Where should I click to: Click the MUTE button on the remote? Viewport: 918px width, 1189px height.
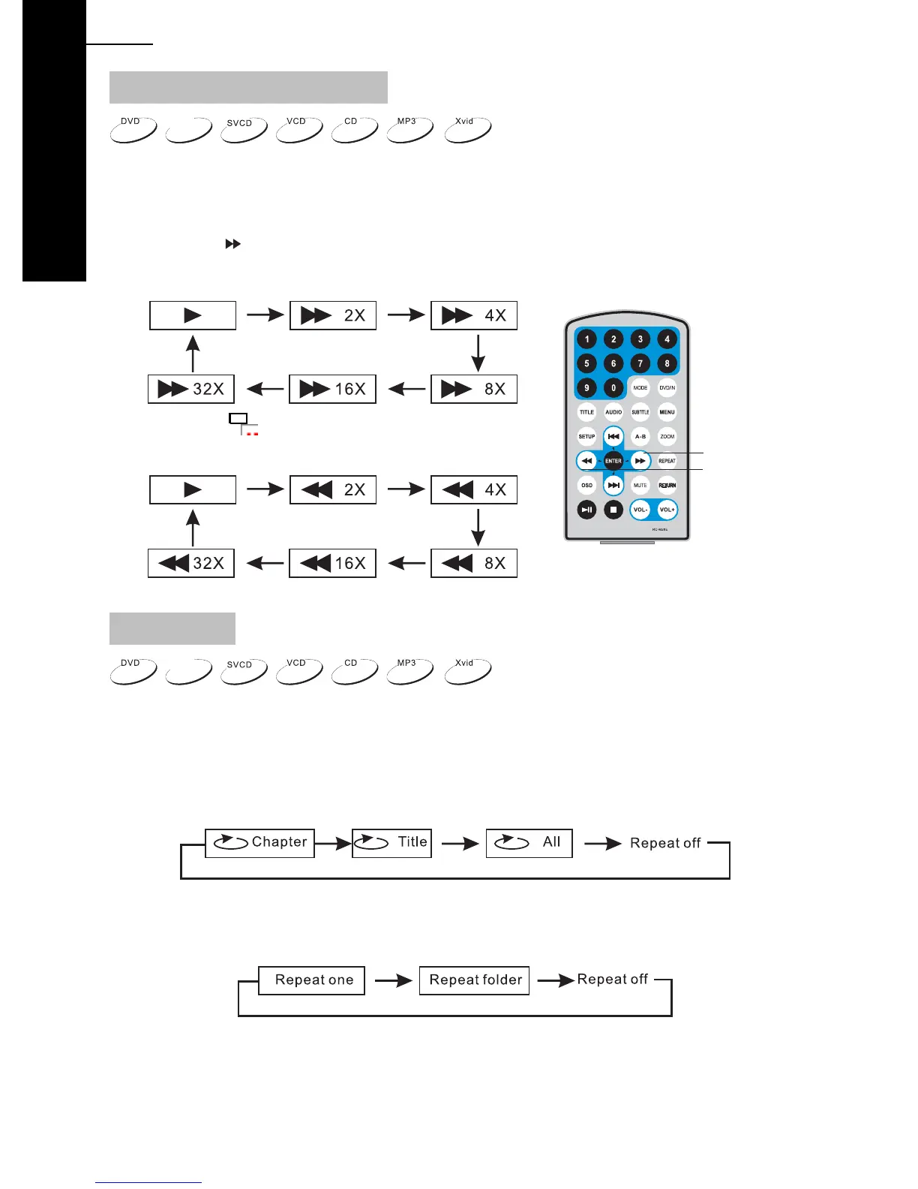(x=640, y=485)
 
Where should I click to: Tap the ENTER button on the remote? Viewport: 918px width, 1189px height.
(x=613, y=461)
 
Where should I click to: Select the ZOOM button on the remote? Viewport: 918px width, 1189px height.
(x=667, y=436)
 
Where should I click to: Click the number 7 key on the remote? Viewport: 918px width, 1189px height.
(x=640, y=363)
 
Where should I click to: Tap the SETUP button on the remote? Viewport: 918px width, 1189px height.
(x=586, y=436)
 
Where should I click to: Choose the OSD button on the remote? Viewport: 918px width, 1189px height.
(x=586, y=485)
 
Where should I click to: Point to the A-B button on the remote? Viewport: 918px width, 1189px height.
(x=640, y=436)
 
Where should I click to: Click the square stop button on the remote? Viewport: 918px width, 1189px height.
(x=613, y=510)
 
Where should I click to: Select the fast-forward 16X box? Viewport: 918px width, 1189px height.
(x=332, y=389)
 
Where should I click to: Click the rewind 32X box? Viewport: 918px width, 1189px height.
(x=191, y=563)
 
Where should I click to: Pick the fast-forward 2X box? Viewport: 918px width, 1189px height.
(x=332, y=315)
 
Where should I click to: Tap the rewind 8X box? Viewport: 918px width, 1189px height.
(x=473, y=563)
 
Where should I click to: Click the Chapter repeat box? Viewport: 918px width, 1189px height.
(x=259, y=843)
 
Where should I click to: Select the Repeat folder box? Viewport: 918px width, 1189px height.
(x=474, y=980)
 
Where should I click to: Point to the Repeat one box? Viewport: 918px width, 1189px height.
(x=311, y=980)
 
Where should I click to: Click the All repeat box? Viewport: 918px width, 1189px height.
(x=529, y=843)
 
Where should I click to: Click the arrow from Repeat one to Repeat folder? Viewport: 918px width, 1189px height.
(x=393, y=980)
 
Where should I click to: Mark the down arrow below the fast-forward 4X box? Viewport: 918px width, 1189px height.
(x=478, y=353)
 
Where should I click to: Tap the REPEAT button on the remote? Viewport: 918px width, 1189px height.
(x=667, y=461)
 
